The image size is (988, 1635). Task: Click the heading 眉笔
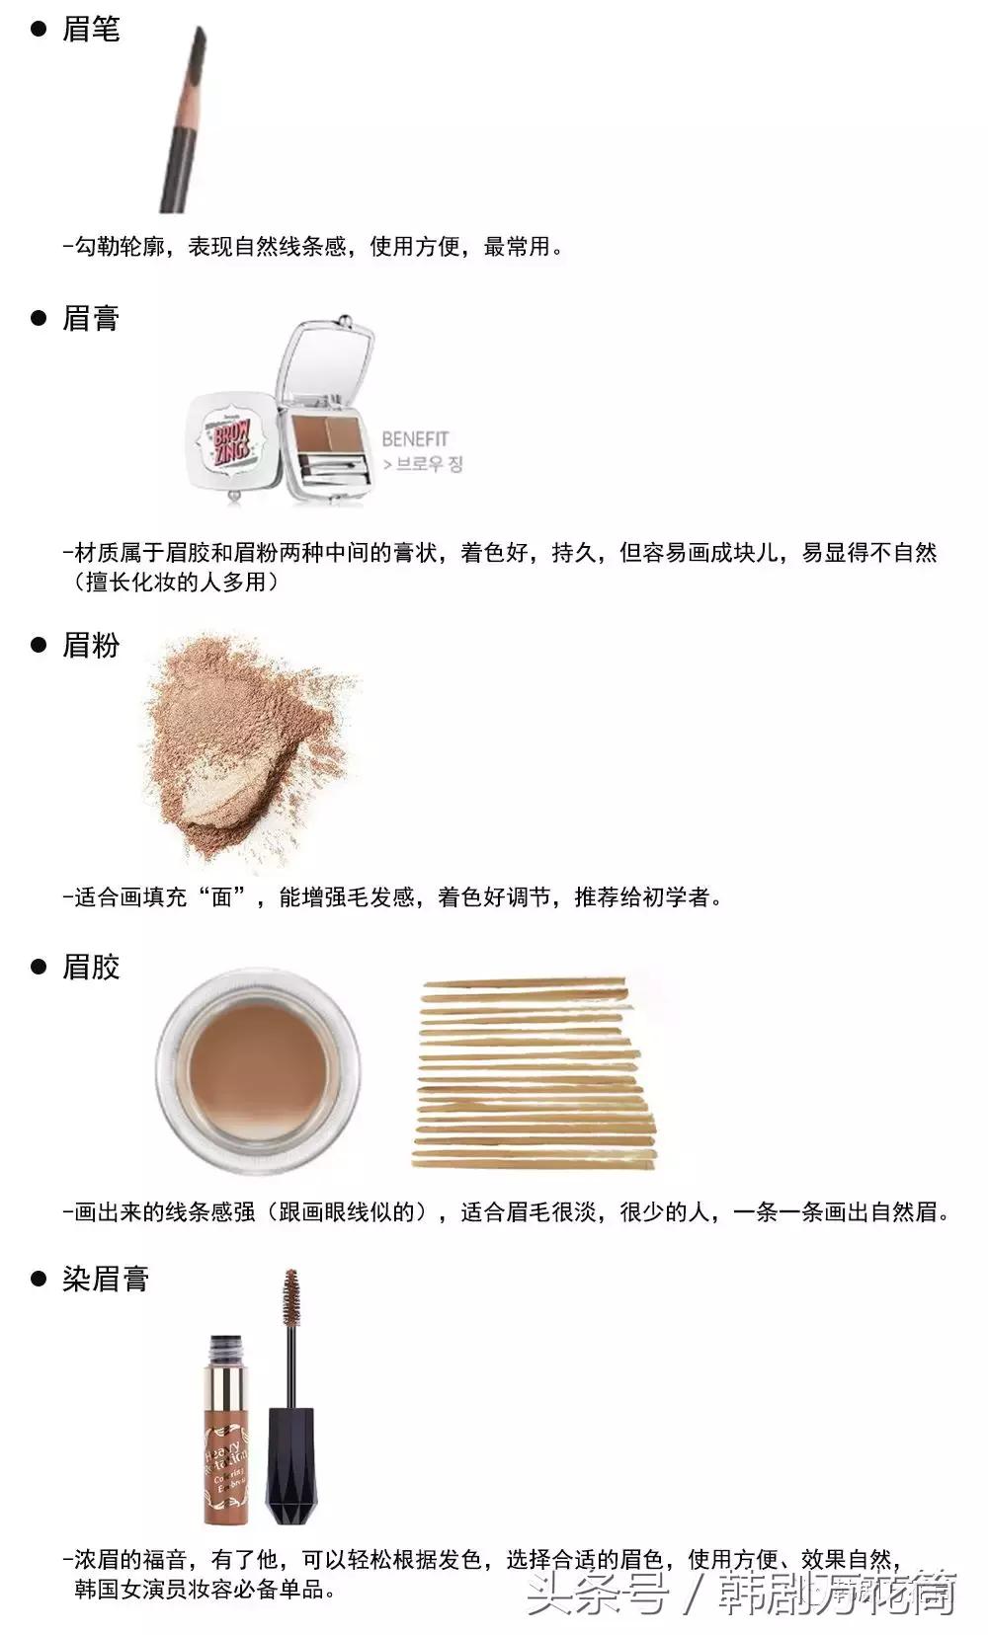[x=90, y=30]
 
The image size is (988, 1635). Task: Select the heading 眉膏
[x=90, y=318]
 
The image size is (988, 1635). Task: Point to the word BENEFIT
[x=415, y=438]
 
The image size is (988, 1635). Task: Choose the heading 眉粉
[x=90, y=645]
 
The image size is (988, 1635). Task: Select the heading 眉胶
[x=90, y=966]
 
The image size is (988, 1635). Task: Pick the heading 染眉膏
[x=105, y=1279]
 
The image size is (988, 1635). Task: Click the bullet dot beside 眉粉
[x=40, y=645]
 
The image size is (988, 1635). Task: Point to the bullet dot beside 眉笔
[x=40, y=30]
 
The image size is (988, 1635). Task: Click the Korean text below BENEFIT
[x=423, y=464]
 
